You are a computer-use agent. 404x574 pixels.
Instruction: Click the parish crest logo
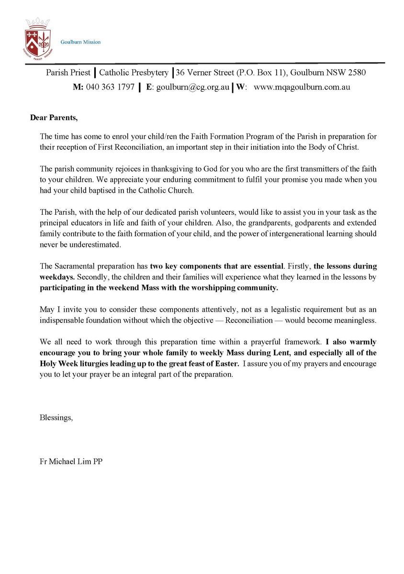click(x=37, y=37)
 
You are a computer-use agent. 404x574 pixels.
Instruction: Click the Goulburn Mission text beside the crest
click(x=80, y=42)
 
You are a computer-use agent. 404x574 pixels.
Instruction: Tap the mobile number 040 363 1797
click(x=110, y=88)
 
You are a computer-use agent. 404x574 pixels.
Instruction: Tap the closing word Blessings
click(x=56, y=418)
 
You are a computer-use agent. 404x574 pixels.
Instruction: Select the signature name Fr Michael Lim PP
click(x=71, y=463)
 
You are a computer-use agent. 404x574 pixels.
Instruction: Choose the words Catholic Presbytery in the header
click(x=134, y=73)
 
